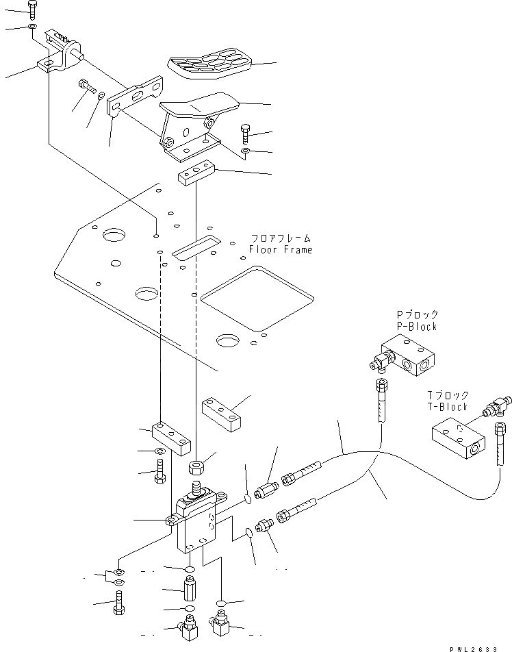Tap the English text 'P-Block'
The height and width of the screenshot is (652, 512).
pos(416,327)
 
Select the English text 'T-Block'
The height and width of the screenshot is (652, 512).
pos(448,407)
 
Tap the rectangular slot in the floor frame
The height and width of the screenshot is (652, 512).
pos(195,247)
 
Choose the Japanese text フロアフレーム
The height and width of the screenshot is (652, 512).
pos(281,238)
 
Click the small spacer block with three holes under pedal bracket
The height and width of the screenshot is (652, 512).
pos(196,174)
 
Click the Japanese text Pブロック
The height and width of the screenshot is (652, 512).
pos(417,315)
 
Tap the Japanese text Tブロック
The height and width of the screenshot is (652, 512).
pos(448,395)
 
